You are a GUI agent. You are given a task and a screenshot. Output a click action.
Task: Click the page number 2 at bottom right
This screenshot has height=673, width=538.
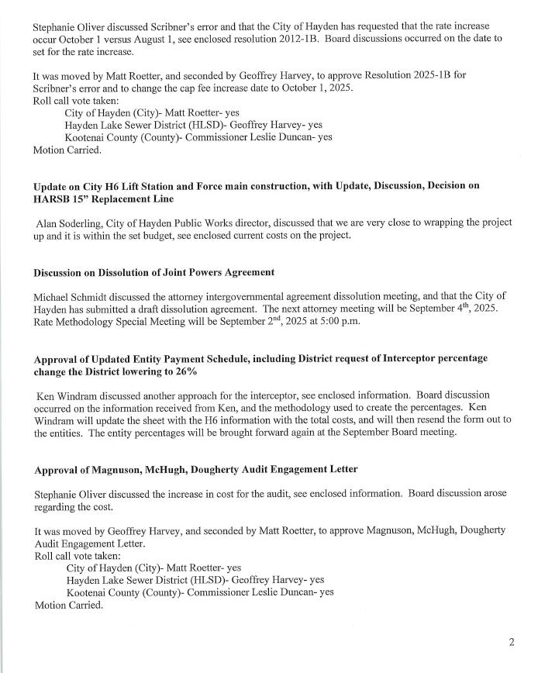512,642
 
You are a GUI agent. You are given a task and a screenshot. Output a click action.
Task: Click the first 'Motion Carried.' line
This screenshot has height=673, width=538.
67,150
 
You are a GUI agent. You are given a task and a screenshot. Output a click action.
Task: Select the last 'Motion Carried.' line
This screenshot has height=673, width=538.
68,605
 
